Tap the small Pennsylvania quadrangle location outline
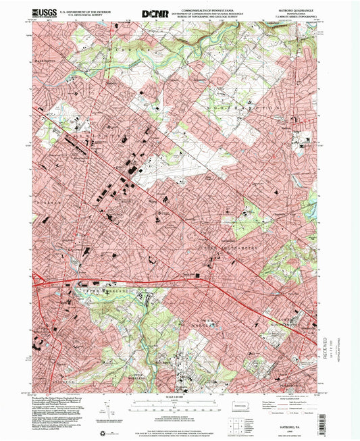pyautogui.click(x=238, y=407)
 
